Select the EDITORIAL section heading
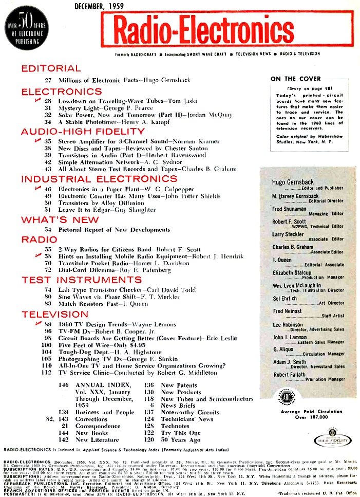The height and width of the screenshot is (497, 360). (51, 68)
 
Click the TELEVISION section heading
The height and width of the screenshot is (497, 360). (55, 314)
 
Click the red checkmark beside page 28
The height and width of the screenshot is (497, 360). (36, 100)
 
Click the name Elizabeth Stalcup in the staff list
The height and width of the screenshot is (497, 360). (292, 273)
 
